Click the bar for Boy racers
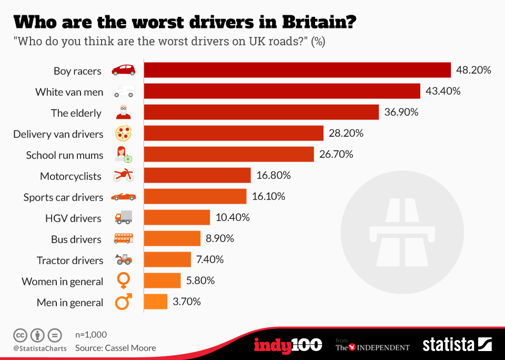click(x=297, y=70)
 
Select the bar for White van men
click(x=282, y=91)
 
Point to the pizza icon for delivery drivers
click(x=123, y=134)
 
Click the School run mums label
click(x=65, y=155)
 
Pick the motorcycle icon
click(x=123, y=176)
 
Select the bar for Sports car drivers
click(x=195, y=196)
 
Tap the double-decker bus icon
click(x=123, y=239)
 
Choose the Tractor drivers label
click(x=70, y=260)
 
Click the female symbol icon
click(x=123, y=281)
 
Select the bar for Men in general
click(x=156, y=302)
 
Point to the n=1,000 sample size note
click(x=91, y=334)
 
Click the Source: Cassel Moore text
click(x=115, y=347)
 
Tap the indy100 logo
click(x=288, y=345)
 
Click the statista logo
click(x=457, y=345)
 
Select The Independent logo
click(x=372, y=346)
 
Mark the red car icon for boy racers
click(x=123, y=70)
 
